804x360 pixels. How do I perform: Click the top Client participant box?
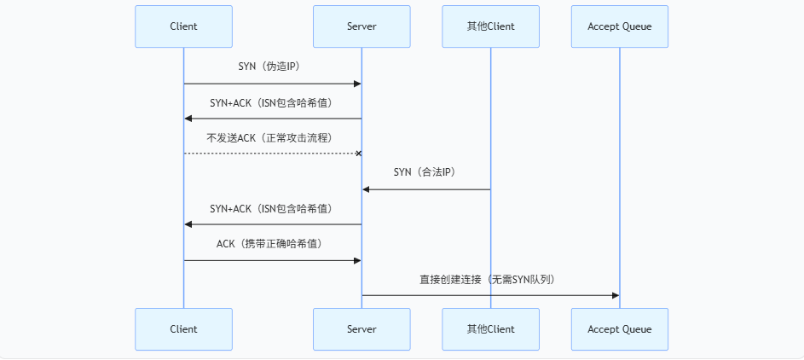[x=183, y=26]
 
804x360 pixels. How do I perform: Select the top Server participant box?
[x=362, y=26]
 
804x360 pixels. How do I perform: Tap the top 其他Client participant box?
[x=490, y=26]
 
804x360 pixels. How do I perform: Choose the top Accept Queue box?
[x=619, y=26]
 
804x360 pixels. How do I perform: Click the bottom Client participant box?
[x=183, y=329]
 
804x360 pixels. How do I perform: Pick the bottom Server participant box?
[x=362, y=329]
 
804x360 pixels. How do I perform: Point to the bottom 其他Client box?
[x=490, y=329]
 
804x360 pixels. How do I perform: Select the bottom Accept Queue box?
[x=619, y=329]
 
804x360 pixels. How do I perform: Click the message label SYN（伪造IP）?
[x=269, y=67]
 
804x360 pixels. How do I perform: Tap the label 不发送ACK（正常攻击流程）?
[x=269, y=137]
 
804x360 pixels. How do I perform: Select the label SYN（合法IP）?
[x=425, y=172]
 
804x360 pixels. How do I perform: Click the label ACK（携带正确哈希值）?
[x=269, y=244]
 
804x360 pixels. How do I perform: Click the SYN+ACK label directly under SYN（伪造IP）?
[x=271, y=102]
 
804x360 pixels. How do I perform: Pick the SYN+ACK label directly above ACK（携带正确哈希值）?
[x=271, y=208]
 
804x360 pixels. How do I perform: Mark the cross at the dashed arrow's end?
[x=358, y=154]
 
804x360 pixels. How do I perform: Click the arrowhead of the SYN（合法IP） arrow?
[x=367, y=189]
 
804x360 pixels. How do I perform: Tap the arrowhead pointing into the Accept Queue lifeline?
[x=614, y=295]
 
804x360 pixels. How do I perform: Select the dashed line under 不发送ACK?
[x=271, y=154]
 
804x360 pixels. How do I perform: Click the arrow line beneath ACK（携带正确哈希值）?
[x=271, y=260]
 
